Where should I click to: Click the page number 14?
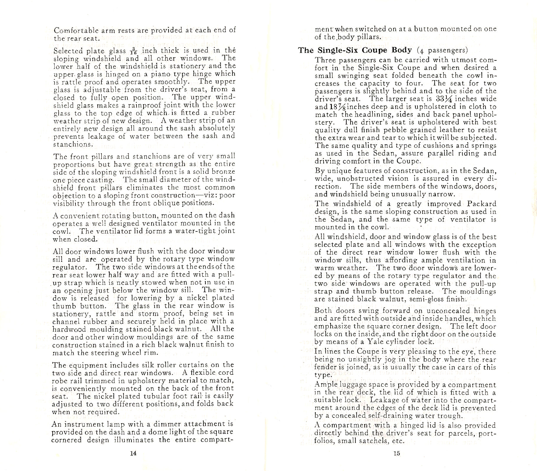pos(133,453)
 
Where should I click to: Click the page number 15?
pos(397,453)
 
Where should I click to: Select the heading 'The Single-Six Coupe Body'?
pos(355,50)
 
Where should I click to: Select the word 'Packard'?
pos(482,204)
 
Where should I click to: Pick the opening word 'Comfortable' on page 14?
pos(74,30)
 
